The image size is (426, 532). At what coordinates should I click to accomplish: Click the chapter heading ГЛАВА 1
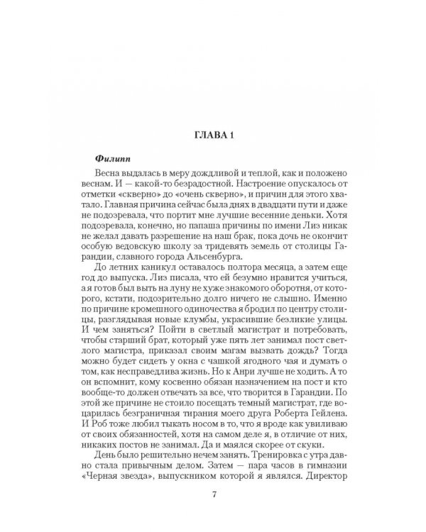[x=212, y=135]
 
